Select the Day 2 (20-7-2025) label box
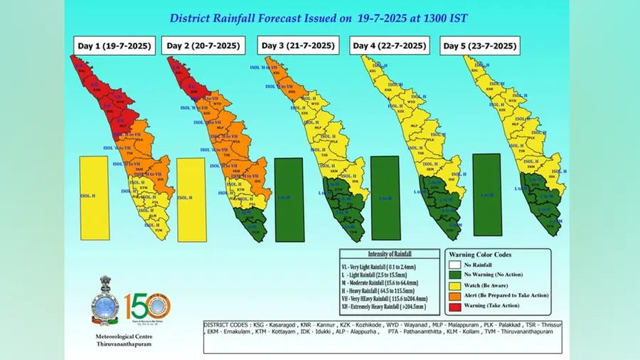pyautogui.click(x=203, y=46)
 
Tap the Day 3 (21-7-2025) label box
pyautogui.click(x=298, y=46)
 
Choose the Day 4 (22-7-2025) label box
pyautogui.click(x=389, y=46)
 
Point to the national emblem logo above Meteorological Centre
pyautogui.click(x=103, y=302)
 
